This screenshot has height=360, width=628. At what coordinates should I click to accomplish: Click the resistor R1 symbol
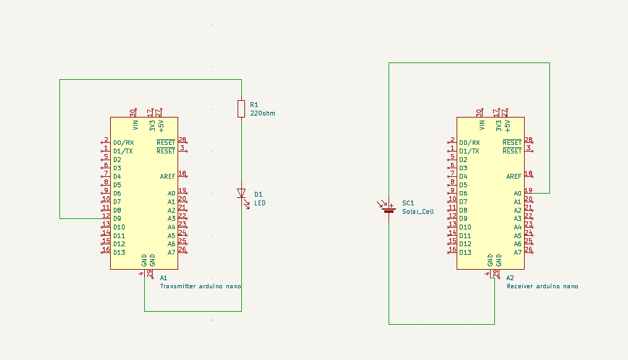241,109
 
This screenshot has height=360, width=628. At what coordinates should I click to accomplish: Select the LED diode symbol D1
242,194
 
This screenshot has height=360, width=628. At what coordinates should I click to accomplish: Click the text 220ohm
262,114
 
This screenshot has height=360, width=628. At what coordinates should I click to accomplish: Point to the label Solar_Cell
418,212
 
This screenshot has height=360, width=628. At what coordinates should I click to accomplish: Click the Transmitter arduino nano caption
200,286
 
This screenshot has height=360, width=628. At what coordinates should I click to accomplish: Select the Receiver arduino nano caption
542,286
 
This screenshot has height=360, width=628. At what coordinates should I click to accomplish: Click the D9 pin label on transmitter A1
117,218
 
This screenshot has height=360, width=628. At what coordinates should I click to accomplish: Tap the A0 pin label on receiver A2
518,194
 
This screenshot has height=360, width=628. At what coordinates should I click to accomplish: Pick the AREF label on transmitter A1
167,177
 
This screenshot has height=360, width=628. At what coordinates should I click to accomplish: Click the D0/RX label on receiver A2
469,143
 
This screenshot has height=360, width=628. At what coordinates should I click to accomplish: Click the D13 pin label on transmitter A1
119,252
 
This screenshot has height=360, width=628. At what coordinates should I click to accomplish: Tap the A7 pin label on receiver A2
518,252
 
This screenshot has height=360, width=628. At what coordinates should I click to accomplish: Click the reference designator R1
254,105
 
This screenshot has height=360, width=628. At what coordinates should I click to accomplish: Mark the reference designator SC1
408,203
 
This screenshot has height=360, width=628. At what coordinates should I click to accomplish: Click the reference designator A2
510,278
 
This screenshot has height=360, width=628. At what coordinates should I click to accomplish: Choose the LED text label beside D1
260,203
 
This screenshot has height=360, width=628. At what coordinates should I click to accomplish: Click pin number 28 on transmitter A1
182,140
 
